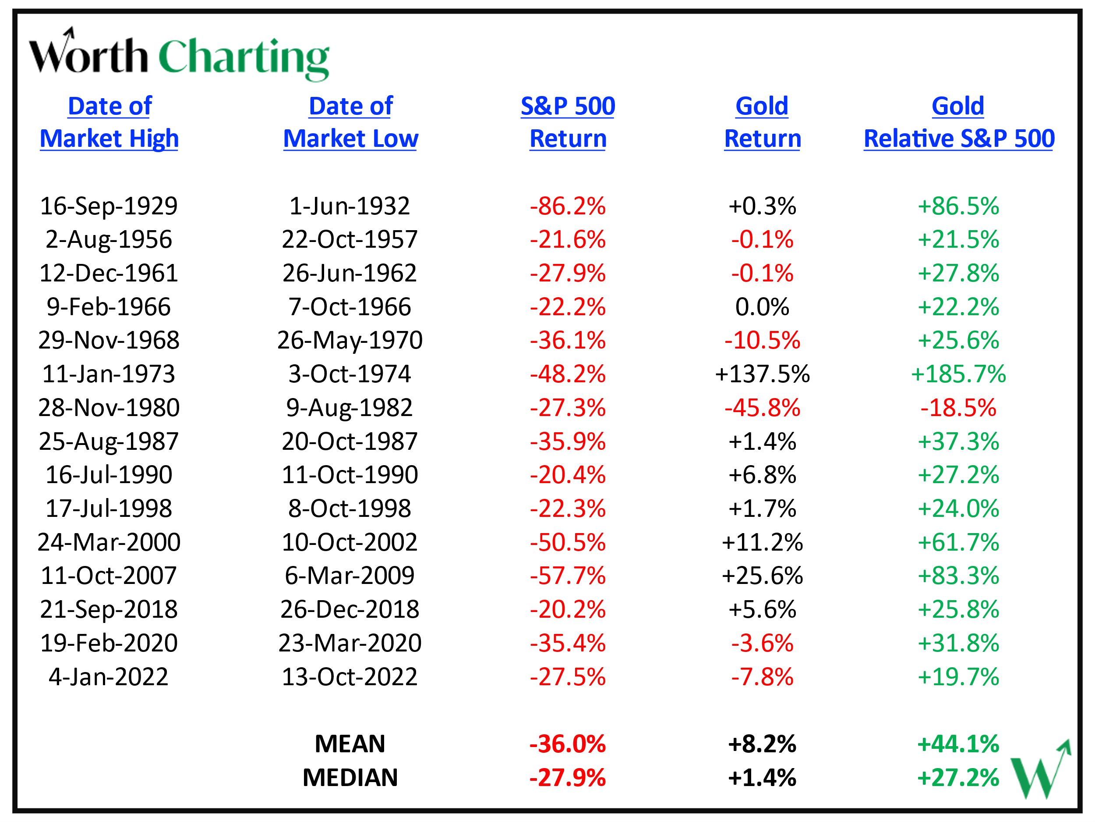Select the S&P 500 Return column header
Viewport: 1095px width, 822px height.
(568, 122)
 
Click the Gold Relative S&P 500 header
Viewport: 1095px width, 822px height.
(958, 122)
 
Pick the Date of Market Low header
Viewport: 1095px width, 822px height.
(350, 122)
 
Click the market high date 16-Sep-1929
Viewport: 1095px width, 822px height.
(109, 206)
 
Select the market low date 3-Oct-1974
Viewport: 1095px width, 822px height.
(350, 374)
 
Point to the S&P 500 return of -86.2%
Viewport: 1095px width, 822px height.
(568, 206)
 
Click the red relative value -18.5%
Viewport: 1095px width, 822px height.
(958, 408)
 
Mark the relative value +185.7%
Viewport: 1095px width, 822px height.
(958, 374)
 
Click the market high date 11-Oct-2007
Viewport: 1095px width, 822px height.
(109, 576)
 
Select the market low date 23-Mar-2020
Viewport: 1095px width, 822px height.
(350, 643)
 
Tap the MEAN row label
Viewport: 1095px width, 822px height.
(350, 744)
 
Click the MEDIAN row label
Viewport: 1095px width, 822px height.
(350, 777)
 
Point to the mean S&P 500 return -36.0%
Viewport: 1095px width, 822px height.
(568, 744)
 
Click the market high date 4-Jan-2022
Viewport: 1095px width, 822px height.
(109, 677)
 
